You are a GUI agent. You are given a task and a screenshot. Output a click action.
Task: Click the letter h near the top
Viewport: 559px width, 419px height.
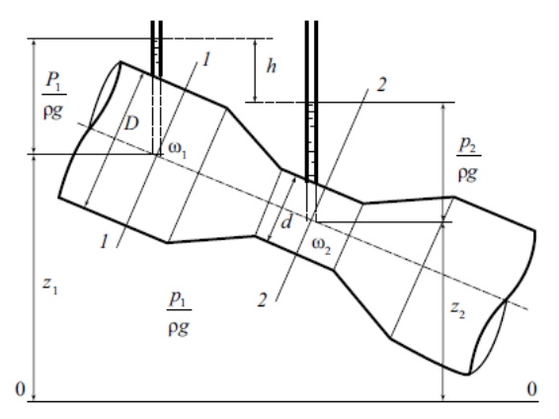pyautogui.click(x=272, y=66)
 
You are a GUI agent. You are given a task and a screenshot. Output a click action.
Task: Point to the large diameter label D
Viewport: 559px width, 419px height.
pyautogui.click(x=131, y=124)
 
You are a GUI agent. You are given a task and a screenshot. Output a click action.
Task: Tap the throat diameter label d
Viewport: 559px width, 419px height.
pyautogui.click(x=286, y=222)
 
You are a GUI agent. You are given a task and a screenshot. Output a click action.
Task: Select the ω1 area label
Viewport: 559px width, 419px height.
pyautogui.click(x=177, y=150)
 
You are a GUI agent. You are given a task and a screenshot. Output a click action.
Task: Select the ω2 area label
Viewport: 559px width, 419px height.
pyautogui.click(x=321, y=246)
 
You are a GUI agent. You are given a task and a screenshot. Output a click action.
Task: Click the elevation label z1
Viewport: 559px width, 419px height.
pyautogui.click(x=50, y=286)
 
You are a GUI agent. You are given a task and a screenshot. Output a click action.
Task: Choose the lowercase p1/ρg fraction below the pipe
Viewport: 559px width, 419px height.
pyautogui.click(x=179, y=314)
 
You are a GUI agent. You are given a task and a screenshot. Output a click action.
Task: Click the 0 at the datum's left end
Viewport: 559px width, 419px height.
pyautogui.click(x=21, y=389)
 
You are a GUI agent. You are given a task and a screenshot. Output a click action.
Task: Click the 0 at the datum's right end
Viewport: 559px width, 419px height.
pyautogui.click(x=532, y=388)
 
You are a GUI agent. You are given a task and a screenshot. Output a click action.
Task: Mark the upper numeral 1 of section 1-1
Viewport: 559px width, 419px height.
pyautogui.click(x=205, y=59)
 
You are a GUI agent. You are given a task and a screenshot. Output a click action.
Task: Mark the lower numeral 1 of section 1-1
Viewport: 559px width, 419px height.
pyautogui.click(x=104, y=241)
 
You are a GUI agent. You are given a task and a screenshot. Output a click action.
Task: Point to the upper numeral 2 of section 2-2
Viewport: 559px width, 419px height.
pyautogui.click(x=381, y=85)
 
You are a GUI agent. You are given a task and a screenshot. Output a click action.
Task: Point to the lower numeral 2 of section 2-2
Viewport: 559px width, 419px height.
pyautogui.click(x=262, y=299)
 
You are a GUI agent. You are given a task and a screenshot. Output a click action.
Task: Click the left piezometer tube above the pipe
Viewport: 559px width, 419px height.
pyautogui.click(x=156, y=48)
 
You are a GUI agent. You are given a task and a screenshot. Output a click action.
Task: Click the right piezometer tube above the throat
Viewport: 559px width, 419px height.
pyautogui.click(x=311, y=102)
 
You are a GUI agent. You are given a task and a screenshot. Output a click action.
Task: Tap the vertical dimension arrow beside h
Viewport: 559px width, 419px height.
pyautogui.click(x=255, y=70)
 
